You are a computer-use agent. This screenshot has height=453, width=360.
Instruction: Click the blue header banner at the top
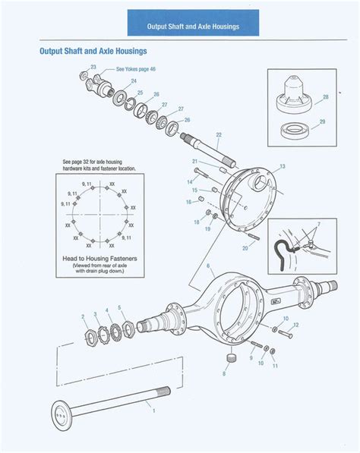point(193,25)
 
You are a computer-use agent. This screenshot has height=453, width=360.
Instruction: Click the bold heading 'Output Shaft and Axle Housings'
point(93,52)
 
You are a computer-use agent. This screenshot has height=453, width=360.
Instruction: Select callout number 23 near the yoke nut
point(93,68)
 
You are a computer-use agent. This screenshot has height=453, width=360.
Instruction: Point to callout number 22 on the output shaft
point(218,135)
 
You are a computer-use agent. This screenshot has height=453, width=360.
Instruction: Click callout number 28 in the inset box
point(324,96)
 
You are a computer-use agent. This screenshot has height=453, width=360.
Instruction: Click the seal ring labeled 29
point(293,128)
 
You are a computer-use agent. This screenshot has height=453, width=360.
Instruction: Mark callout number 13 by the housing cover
point(282,165)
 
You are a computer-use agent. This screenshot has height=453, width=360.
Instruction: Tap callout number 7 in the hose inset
point(318,225)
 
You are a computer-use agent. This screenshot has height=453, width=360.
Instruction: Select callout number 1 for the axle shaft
point(154,411)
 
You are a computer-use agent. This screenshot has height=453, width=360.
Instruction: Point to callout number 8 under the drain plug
point(224,373)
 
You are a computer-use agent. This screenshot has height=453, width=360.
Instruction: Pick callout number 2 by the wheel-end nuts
point(83,315)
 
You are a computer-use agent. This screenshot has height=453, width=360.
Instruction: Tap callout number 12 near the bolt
point(296,325)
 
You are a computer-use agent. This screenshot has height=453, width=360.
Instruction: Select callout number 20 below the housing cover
point(245,247)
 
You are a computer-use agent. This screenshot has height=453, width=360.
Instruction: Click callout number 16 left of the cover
point(189,203)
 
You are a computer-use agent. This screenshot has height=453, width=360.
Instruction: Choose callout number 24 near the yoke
point(134,80)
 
